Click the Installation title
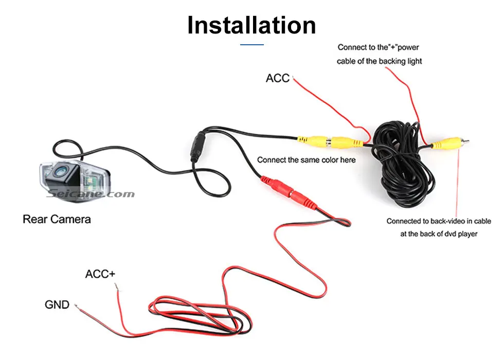pos(251,25)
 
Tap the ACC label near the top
pos(278,78)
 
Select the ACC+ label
pos(100,274)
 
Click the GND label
pos(57,304)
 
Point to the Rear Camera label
pos(57,219)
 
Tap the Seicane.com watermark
pos(90,194)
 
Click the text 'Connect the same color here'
pos(306,160)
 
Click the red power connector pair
pos(285,191)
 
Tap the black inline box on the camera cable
pos(197,147)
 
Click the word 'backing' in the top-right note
pos(390,61)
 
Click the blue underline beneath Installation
pos(251,45)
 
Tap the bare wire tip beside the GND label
pos(77,307)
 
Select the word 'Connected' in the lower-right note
pos(404,221)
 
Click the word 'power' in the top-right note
pos(409,47)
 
